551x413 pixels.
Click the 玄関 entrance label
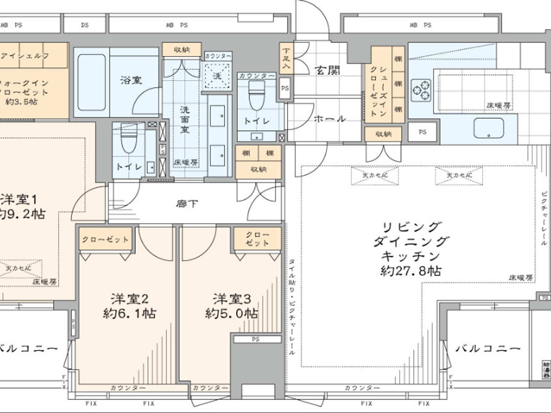coord(327,70)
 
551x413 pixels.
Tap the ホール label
coord(330,118)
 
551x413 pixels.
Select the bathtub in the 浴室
coord(91,82)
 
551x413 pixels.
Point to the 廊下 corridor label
coord(187,203)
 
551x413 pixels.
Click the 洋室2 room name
coord(129,299)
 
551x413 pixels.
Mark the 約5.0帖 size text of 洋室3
coord(231,313)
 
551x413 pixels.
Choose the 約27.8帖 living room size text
coord(410,271)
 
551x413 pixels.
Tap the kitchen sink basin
coord(488,128)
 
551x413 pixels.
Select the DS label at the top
coord(85,25)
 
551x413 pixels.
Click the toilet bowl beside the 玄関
coord(256,96)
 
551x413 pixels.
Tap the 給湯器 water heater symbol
coord(546,370)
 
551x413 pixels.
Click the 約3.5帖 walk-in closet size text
coord(22,102)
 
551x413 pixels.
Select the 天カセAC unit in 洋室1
coord(19,269)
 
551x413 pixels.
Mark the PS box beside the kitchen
coord(422,132)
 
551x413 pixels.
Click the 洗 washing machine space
coord(217,76)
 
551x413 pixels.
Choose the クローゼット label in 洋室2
coord(105,239)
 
